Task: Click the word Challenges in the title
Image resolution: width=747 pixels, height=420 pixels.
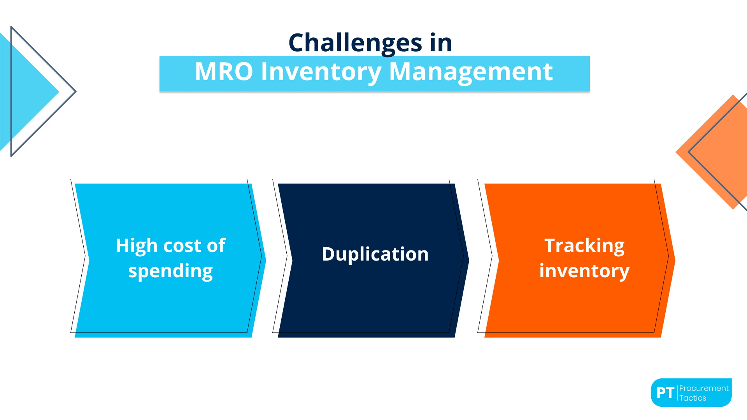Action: tap(355, 43)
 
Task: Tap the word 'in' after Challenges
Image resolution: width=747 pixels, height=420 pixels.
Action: tap(441, 43)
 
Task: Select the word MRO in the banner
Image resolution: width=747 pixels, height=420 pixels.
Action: tap(224, 72)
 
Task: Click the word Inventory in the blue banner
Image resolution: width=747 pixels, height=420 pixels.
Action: tap(321, 72)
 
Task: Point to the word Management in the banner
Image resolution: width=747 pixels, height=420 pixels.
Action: tap(471, 72)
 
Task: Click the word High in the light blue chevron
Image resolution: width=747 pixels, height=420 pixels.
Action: tap(136, 246)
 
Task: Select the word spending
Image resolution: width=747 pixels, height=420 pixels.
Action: tap(170, 271)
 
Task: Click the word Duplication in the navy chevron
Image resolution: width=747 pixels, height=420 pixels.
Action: tap(375, 254)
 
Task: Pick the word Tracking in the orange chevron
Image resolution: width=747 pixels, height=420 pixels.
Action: tap(584, 246)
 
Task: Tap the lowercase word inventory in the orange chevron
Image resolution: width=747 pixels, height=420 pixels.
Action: tap(584, 271)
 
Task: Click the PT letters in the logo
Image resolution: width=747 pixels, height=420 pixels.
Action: tap(665, 393)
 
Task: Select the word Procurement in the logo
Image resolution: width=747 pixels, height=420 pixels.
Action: tap(703, 388)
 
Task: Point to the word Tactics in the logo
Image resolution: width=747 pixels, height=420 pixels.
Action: tap(693, 398)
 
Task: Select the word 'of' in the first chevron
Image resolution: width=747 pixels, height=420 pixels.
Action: tap(216, 246)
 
